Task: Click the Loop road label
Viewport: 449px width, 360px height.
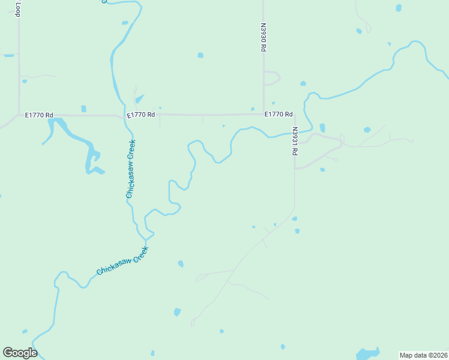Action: click(x=19, y=8)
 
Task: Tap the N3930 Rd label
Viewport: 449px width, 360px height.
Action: click(x=263, y=38)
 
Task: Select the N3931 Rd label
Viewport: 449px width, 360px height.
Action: click(x=295, y=142)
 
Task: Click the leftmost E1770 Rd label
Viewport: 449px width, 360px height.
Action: click(x=40, y=115)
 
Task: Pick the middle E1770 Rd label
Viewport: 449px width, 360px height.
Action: click(x=141, y=115)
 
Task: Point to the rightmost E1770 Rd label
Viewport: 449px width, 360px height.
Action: click(x=279, y=114)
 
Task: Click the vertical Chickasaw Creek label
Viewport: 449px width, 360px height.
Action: click(x=131, y=169)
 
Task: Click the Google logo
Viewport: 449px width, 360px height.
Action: click(x=20, y=353)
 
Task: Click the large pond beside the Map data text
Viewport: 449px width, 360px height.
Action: click(x=367, y=353)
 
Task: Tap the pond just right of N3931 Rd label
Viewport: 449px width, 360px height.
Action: click(x=322, y=127)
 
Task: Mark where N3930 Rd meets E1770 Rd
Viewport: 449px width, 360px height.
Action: click(x=264, y=114)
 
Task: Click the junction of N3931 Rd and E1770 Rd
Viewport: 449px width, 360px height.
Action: click(x=294, y=115)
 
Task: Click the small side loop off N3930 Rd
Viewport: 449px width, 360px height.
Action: click(x=274, y=78)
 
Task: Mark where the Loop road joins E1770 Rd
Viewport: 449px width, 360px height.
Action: click(x=19, y=115)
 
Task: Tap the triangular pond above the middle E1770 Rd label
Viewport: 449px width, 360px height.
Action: click(x=139, y=98)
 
